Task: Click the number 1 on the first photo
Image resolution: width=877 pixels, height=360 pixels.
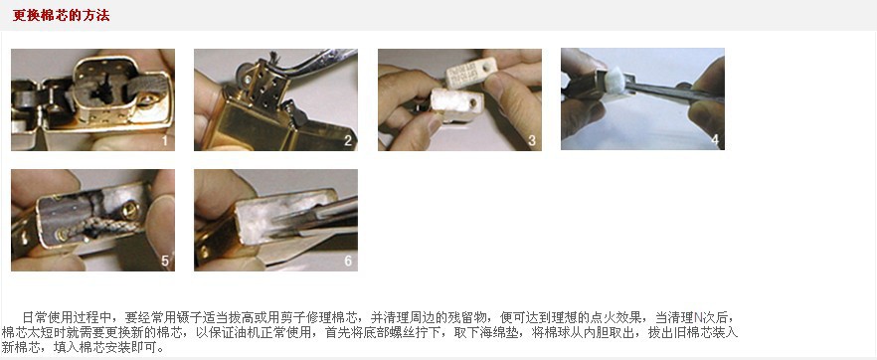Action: coord(164,140)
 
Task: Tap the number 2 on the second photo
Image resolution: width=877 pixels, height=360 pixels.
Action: coord(347,140)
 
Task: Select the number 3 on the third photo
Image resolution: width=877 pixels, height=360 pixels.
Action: coord(531,140)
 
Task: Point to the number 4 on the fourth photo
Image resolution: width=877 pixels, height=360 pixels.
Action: coord(714,140)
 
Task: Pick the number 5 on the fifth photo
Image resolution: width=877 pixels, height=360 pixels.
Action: coord(164,261)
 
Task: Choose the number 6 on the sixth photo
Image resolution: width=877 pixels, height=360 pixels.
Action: coord(347,261)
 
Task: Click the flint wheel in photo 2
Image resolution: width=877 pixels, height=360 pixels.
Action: coord(243,72)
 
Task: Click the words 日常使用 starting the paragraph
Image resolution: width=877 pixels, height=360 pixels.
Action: coord(42,316)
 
